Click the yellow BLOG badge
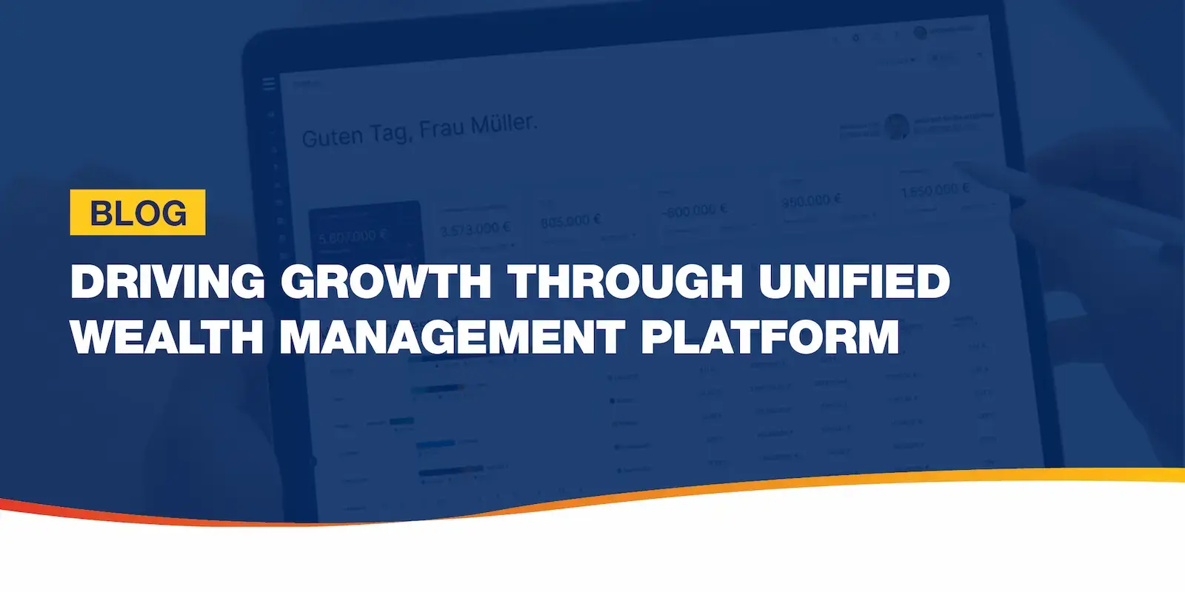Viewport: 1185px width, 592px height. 138,213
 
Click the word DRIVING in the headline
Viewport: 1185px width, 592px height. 167,281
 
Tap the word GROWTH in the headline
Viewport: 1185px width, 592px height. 385,281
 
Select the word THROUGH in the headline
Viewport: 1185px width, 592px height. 625,281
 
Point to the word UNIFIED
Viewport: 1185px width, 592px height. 854,281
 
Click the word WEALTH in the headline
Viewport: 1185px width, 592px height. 167,337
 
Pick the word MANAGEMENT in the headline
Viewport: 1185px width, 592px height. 453,337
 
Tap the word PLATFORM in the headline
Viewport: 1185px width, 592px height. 770,337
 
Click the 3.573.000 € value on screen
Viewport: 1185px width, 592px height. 475,229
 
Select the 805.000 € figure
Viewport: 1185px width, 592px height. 570,221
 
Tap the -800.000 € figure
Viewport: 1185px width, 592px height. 695,211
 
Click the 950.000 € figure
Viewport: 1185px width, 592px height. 811,200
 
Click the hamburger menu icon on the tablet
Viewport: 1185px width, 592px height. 269,84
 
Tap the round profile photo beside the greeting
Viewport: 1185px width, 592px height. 897,127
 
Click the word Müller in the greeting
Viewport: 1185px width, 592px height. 503,124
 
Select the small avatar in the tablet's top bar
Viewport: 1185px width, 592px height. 920,33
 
